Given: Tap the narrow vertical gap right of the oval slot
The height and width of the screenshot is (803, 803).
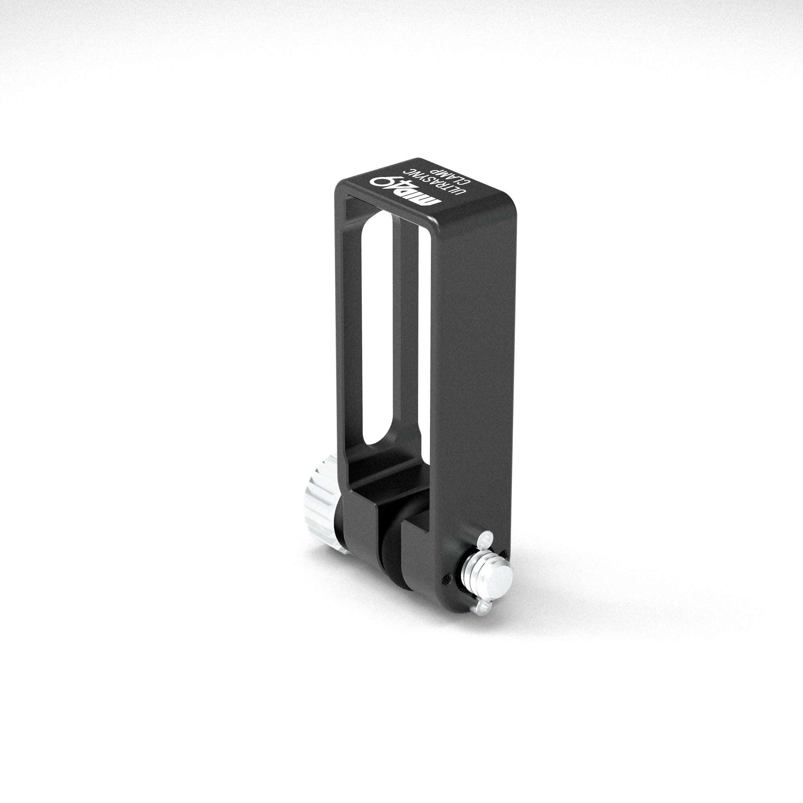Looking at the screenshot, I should click(420, 332).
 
